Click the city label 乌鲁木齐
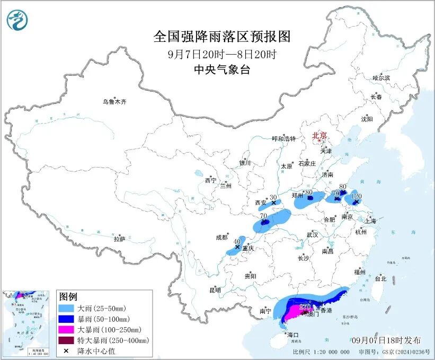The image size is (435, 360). pos(115,101)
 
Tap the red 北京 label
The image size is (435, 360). pos(319,135)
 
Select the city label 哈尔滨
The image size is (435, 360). pos(381,78)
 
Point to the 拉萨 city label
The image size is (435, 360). pos(119,239)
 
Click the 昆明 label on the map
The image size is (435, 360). pos(215,290)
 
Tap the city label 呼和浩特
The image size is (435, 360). pos(282,138)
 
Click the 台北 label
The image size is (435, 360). pos(380,278)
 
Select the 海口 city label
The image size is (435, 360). pos(293,335)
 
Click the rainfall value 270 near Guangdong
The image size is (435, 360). pos(305,306)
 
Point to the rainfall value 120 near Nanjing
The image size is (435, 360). pos(357,196)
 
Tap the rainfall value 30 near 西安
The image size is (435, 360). pos(273,197)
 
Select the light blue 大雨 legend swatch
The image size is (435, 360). pos(67,308)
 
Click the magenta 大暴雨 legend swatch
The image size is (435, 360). pos(67,329)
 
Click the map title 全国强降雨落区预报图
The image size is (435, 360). pos(223,36)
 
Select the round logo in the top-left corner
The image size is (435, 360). pos(17,20)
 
